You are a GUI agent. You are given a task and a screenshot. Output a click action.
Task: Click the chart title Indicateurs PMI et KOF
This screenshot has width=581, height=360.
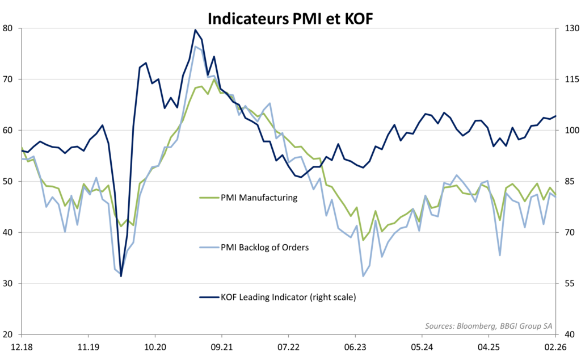click(290, 18)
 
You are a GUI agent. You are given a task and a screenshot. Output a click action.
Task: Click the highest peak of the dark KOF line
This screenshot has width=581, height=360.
click(195, 30)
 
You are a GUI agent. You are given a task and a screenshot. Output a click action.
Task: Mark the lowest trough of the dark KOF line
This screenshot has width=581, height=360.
click(121, 276)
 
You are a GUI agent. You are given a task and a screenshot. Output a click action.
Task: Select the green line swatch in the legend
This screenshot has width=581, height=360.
click(208, 198)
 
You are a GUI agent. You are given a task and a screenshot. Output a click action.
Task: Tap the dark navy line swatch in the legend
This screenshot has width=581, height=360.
click(208, 296)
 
